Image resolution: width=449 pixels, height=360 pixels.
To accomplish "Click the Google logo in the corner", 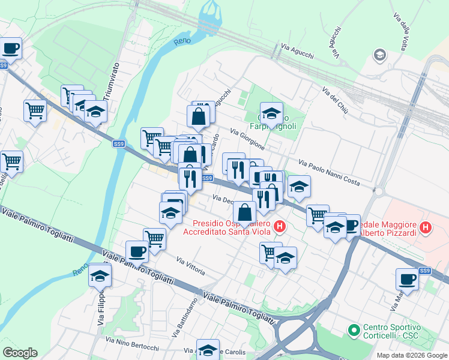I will click(x=20, y=353).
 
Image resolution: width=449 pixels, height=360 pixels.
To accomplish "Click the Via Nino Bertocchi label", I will click(x=132, y=344).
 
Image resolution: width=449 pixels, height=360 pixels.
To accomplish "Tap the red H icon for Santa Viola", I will click(x=279, y=226).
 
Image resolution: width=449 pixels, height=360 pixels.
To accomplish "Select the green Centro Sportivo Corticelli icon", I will click(x=354, y=330).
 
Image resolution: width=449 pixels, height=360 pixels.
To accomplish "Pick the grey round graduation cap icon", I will click(x=379, y=56).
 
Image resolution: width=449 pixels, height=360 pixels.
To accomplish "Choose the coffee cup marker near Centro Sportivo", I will click(x=408, y=279).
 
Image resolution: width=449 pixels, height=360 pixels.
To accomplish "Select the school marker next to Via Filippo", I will click(x=100, y=275).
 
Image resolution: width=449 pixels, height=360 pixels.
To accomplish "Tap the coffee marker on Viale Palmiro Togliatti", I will click(x=137, y=251).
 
